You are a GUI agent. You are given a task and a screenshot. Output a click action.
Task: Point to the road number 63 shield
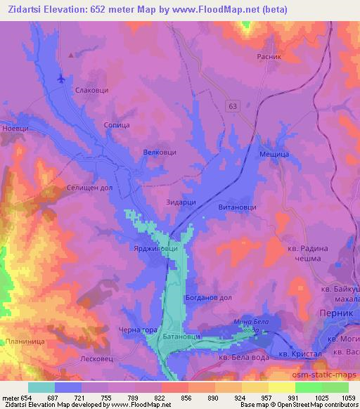[x=233, y=105]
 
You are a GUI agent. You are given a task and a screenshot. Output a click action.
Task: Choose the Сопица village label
[x=117, y=125]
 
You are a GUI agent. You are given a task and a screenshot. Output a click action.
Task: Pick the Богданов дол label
[x=208, y=297]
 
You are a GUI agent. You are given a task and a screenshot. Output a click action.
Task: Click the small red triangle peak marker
[x=70, y=53]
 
